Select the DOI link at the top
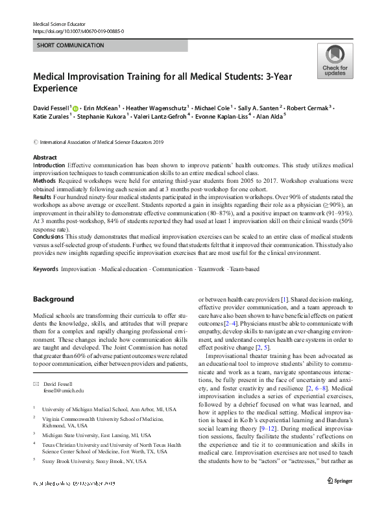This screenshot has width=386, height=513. (78, 31)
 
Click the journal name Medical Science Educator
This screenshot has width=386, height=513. (59, 23)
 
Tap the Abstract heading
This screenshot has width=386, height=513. (45, 158)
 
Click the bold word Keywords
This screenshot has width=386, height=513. (45, 268)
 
